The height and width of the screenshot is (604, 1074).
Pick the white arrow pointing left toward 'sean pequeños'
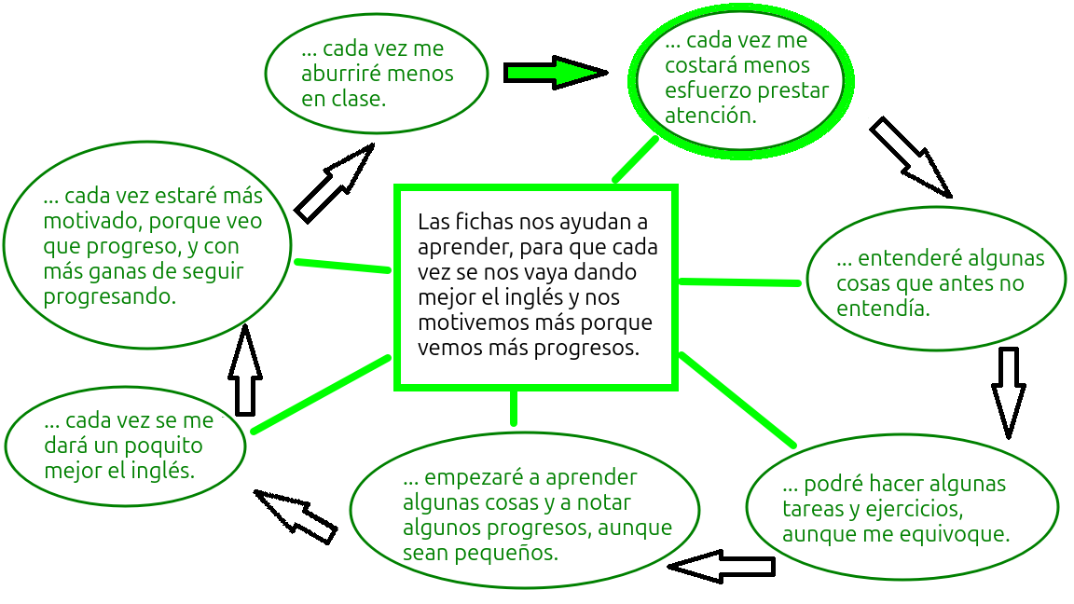point(722,566)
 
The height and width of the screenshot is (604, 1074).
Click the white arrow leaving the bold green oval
point(909,157)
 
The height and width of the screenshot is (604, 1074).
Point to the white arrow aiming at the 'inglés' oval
point(296,515)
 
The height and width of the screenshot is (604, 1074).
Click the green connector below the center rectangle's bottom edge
point(514,407)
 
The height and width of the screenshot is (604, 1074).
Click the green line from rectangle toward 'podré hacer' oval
point(737,399)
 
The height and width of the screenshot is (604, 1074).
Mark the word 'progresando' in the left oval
point(109,298)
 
